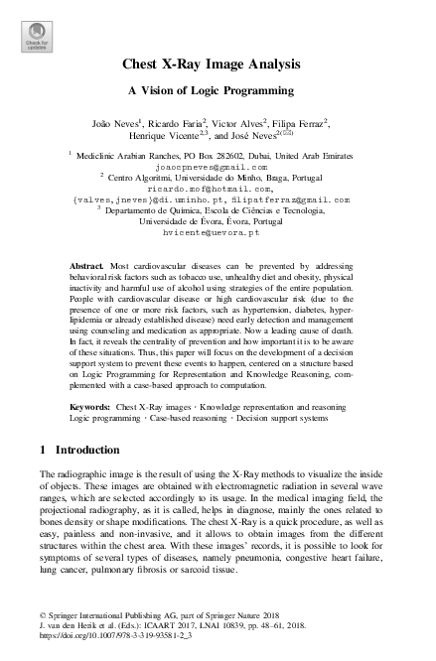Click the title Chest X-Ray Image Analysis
click(217, 66)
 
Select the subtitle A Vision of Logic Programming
click(217, 91)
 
